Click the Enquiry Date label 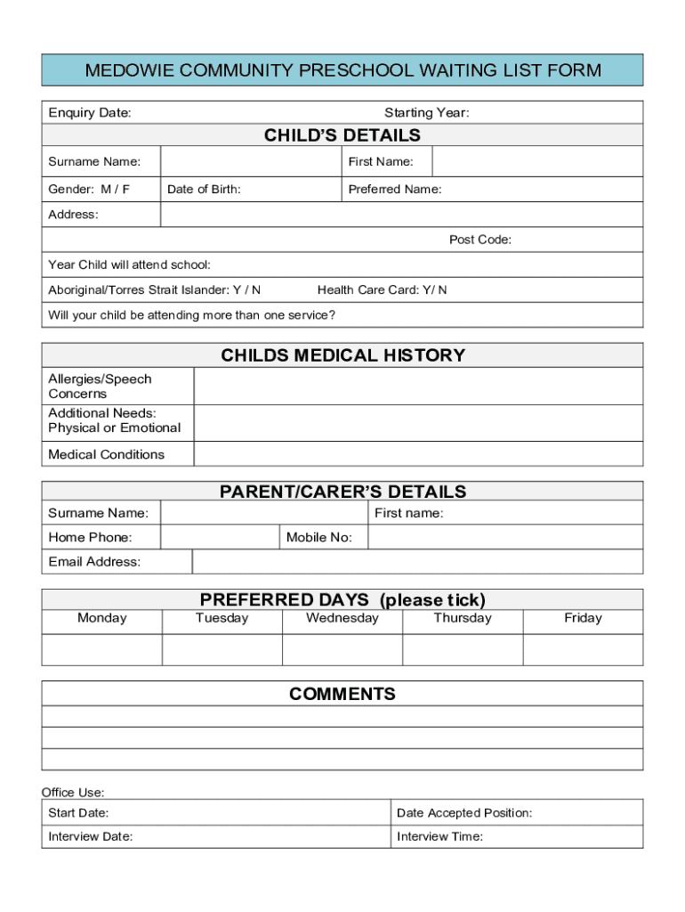click(90, 112)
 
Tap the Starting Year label click(426, 112)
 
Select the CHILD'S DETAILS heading click(342, 135)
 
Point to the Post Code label click(479, 240)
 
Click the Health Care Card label click(382, 289)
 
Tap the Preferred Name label click(395, 189)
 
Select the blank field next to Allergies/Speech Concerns click(418, 387)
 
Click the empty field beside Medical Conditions click(418, 454)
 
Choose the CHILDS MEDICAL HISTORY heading click(342, 355)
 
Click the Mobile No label click(319, 537)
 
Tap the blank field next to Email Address click(417, 562)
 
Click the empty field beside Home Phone click(220, 537)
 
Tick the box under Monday click(102, 649)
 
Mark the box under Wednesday click(342, 649)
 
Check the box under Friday click(583, 649)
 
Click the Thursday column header click(463, 618)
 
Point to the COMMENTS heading click(342, 694)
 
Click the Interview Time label click(439, 836)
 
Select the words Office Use click(73, 792)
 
